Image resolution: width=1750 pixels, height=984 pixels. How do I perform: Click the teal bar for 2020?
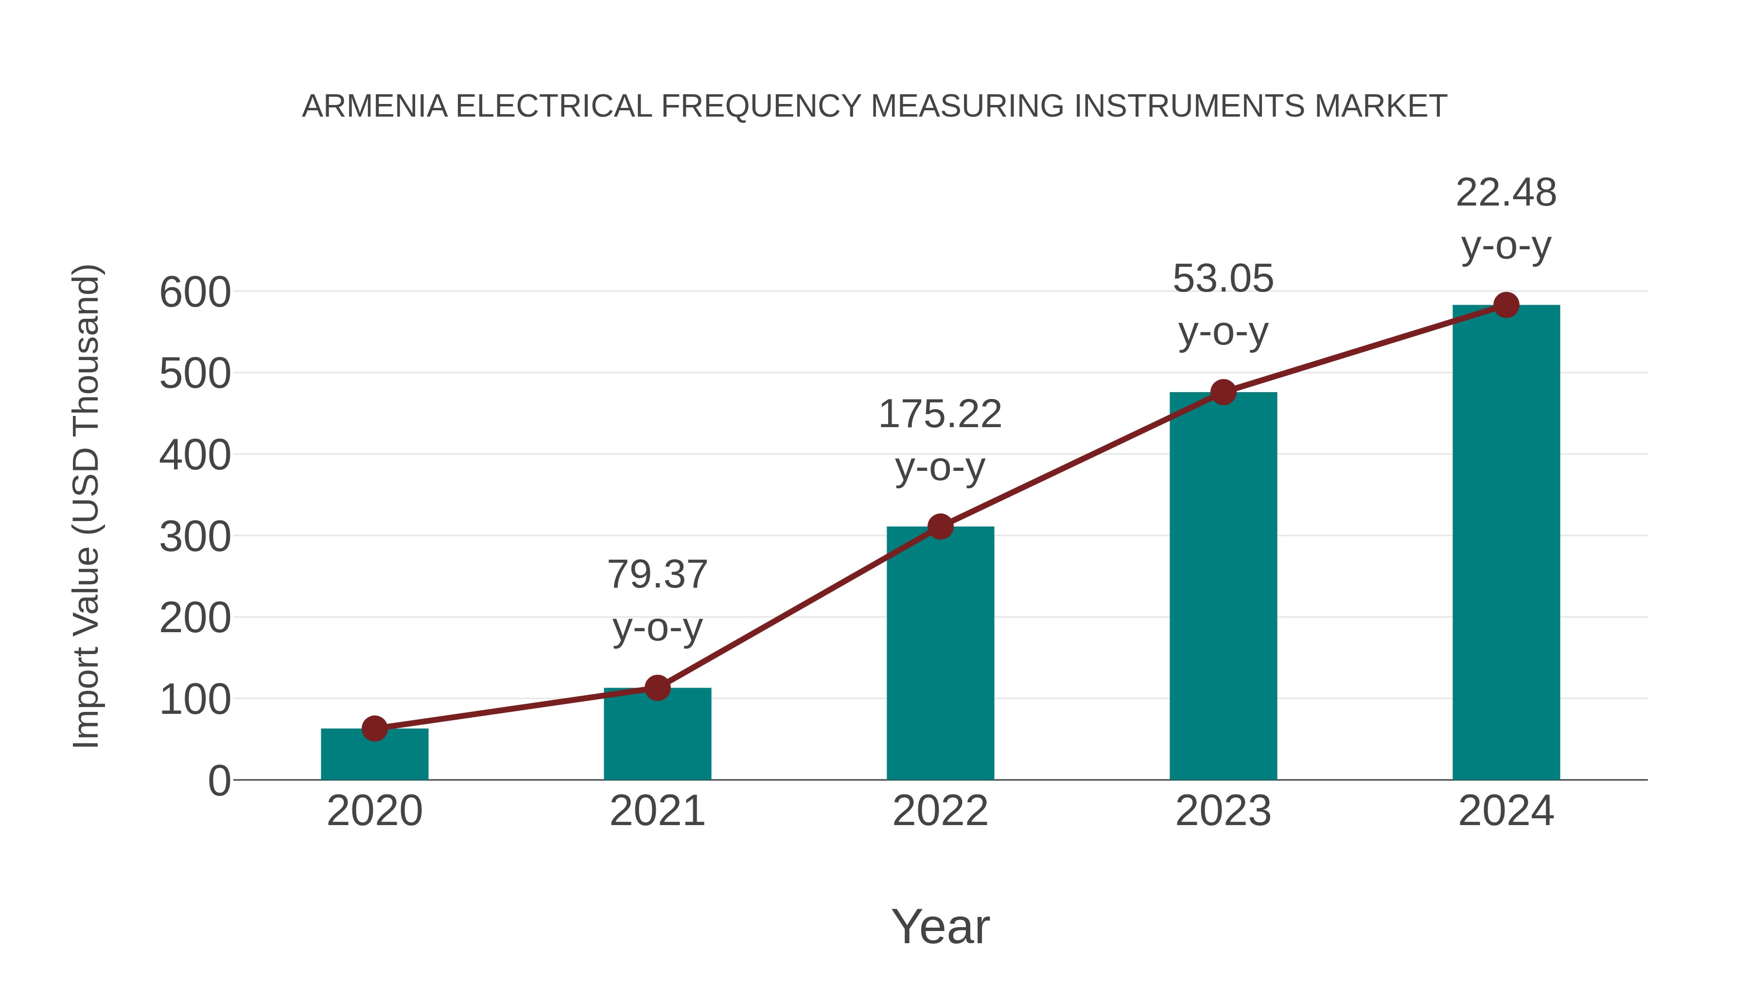374,755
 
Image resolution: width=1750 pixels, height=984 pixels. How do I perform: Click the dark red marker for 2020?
374,729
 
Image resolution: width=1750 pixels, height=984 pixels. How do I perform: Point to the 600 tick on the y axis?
195,293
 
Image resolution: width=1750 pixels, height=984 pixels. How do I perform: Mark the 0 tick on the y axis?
219,781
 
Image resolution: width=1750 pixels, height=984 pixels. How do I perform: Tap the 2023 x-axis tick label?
1223,811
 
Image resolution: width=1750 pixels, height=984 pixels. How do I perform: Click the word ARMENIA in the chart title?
375,106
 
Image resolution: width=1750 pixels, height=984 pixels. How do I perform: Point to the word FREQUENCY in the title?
761,106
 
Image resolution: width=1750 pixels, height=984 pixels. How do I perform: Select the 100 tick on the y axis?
195,700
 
